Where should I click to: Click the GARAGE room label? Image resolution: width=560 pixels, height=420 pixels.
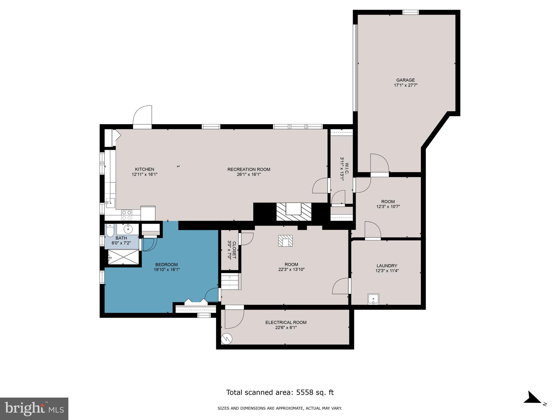click(405, 80)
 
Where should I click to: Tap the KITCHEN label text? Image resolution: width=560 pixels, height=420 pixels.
click(144, 169)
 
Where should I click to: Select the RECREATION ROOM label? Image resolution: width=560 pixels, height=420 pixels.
click(249, 169)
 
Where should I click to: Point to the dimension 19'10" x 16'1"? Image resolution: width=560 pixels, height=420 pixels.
click(167, 269)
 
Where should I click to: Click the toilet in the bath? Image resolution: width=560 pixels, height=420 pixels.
click(110, 231)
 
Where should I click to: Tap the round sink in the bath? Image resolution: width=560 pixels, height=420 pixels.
click(128, 229)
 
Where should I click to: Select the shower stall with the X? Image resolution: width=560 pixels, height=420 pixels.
click(124, 257)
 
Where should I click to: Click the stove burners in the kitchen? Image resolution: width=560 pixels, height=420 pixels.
click(127, 215)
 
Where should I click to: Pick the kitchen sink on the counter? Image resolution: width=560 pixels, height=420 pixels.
click(110, 202)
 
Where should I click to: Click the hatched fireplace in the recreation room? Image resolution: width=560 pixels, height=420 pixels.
click(294, 212)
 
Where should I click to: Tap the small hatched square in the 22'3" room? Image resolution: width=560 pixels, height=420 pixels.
click(285, 241)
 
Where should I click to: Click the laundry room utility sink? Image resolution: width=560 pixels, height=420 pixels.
click(373, 299)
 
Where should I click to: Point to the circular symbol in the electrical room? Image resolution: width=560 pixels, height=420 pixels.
click(227, 339)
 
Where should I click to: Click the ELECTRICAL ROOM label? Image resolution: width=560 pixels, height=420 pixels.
click(286, 322)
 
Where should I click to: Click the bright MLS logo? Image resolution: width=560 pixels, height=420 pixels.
click(34, 408)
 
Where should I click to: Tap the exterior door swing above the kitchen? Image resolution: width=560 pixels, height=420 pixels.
click(142, 116)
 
